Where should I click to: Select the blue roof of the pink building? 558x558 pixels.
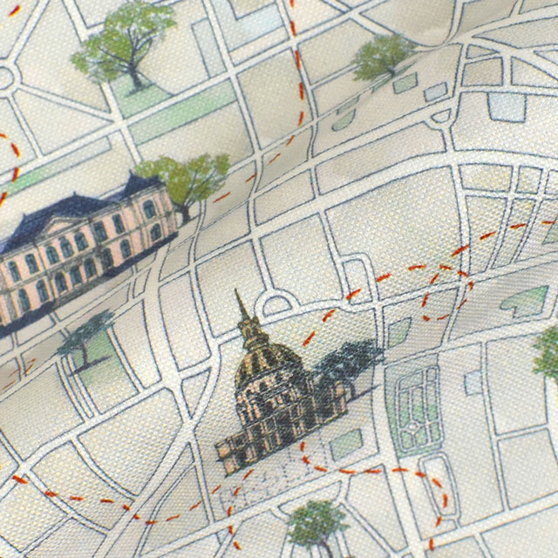(x=78, y=209)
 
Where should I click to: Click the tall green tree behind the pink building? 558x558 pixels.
(x=187, y=179)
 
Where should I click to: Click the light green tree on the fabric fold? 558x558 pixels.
(x=384, y=57)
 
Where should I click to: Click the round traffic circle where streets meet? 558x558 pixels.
(x=4, y=77)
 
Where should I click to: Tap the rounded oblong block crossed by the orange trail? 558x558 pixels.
(x=436, y=488)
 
